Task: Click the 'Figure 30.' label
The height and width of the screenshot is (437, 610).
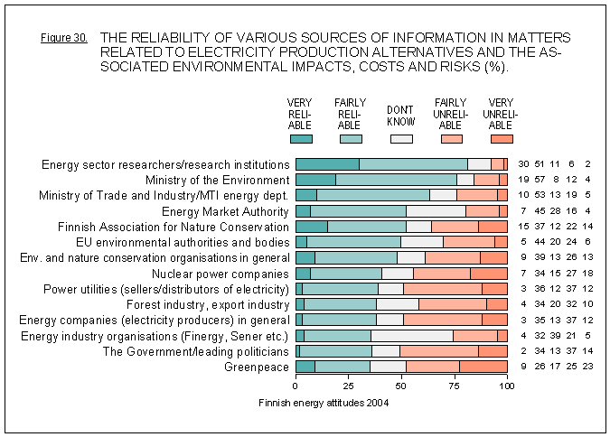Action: (64, 39)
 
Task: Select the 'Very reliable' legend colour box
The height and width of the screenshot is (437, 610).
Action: (301, 139)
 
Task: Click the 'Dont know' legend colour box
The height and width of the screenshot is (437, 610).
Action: (400, 139)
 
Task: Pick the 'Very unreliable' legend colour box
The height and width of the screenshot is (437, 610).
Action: (502, 139)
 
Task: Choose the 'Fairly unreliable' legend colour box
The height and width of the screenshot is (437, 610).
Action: (451, 139)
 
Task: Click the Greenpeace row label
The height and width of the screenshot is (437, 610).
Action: (257, 367)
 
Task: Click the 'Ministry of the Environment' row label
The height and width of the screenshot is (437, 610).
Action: (218, 180)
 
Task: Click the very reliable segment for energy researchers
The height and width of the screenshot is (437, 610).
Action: (328, 164)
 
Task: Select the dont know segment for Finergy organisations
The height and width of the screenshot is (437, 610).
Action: (412, 336)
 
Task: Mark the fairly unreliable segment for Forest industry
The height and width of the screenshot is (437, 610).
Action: (453, 304)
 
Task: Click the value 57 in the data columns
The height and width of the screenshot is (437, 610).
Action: (537, 180)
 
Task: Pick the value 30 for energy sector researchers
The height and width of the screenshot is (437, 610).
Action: (523, 164)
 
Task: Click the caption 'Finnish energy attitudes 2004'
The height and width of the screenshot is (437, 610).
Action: (324, 403)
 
